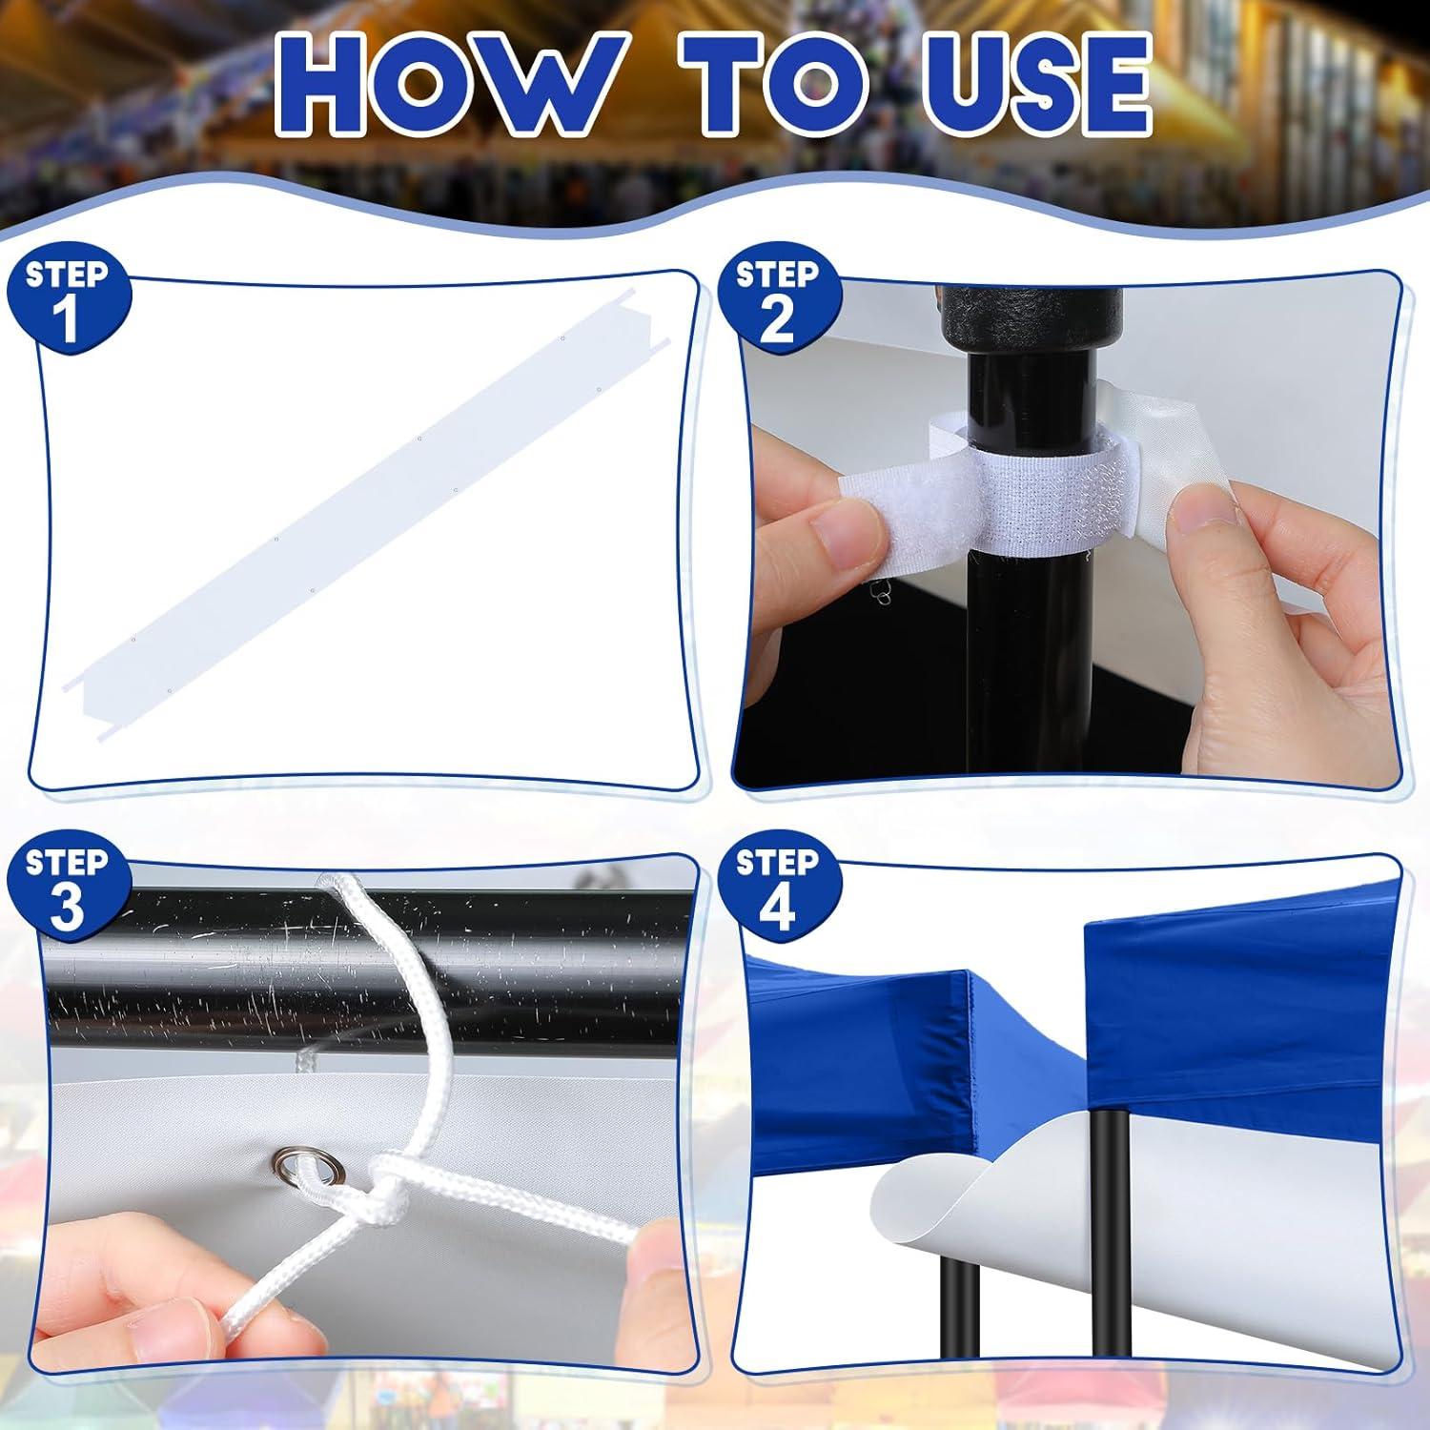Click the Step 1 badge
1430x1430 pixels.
point(68,299)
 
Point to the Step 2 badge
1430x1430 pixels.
point(777,299)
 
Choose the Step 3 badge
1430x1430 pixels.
point(68,887)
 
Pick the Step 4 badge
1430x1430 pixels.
point(777,887)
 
